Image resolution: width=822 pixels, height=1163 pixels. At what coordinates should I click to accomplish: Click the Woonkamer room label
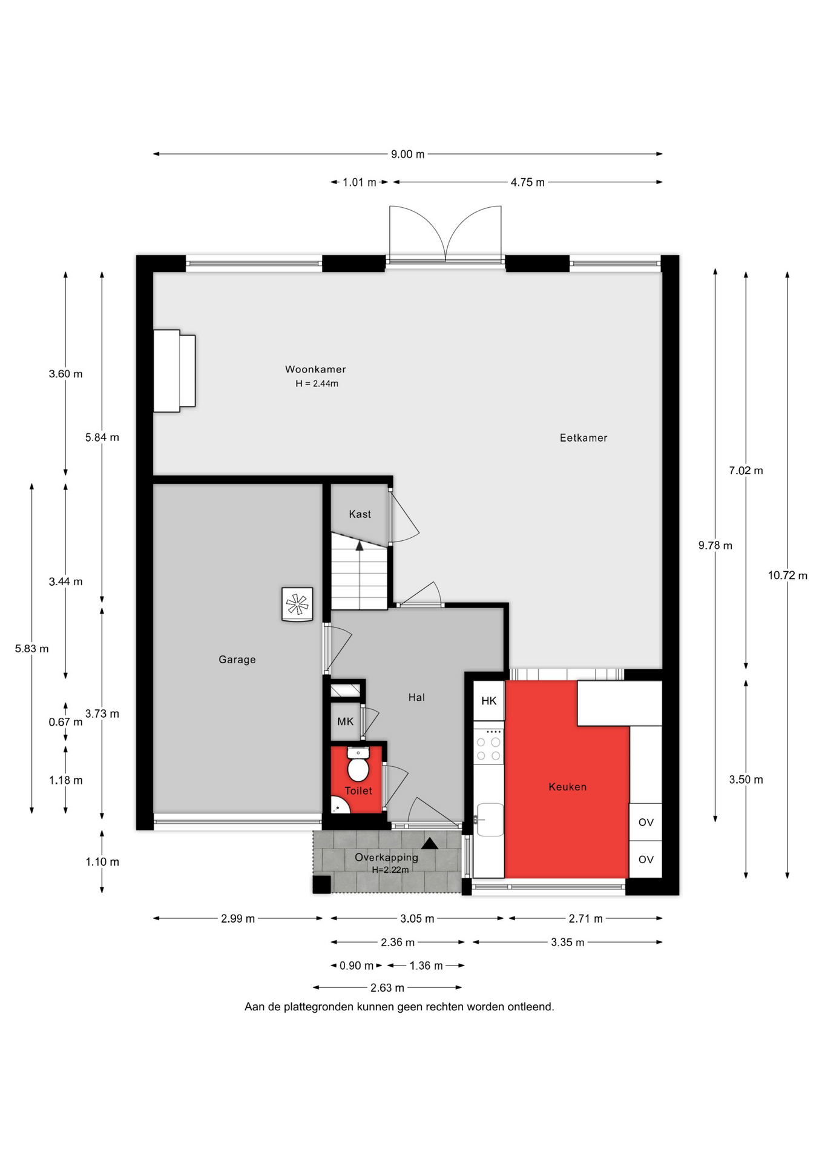point(315,369)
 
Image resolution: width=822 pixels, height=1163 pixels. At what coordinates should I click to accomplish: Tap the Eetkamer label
point(583,437)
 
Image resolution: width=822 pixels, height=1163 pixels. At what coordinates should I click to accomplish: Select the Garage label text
point(237,659)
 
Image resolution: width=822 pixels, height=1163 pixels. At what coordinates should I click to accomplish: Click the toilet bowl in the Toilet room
point(358,764)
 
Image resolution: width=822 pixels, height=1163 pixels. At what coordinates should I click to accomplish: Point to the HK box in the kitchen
point(488,701)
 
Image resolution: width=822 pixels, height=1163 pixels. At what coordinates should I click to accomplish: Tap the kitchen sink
point(489,819)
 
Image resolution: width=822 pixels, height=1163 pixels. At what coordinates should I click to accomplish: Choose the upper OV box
point(646,822)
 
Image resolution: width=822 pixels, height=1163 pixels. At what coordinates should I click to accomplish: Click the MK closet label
point(345,721)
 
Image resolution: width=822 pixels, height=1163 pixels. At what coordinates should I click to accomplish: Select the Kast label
point(360,514)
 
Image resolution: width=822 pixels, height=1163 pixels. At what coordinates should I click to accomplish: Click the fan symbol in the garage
point(297,604)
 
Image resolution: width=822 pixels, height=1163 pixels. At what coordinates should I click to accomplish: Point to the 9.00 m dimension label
point(407,154)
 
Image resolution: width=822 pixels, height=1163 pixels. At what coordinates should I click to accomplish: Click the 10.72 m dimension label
point(787,575)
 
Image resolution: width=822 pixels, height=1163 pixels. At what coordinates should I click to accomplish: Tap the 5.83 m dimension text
point(31,648)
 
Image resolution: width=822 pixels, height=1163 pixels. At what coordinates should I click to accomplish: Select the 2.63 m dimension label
point(387,987)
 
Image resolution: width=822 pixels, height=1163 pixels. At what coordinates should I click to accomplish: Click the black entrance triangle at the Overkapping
point(430,843)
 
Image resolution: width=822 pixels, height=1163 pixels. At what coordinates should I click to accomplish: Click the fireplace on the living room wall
point(174,371)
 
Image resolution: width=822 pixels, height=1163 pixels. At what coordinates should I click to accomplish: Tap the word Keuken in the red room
point(567,786)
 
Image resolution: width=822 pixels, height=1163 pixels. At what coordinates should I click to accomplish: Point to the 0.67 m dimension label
point(65,721)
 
